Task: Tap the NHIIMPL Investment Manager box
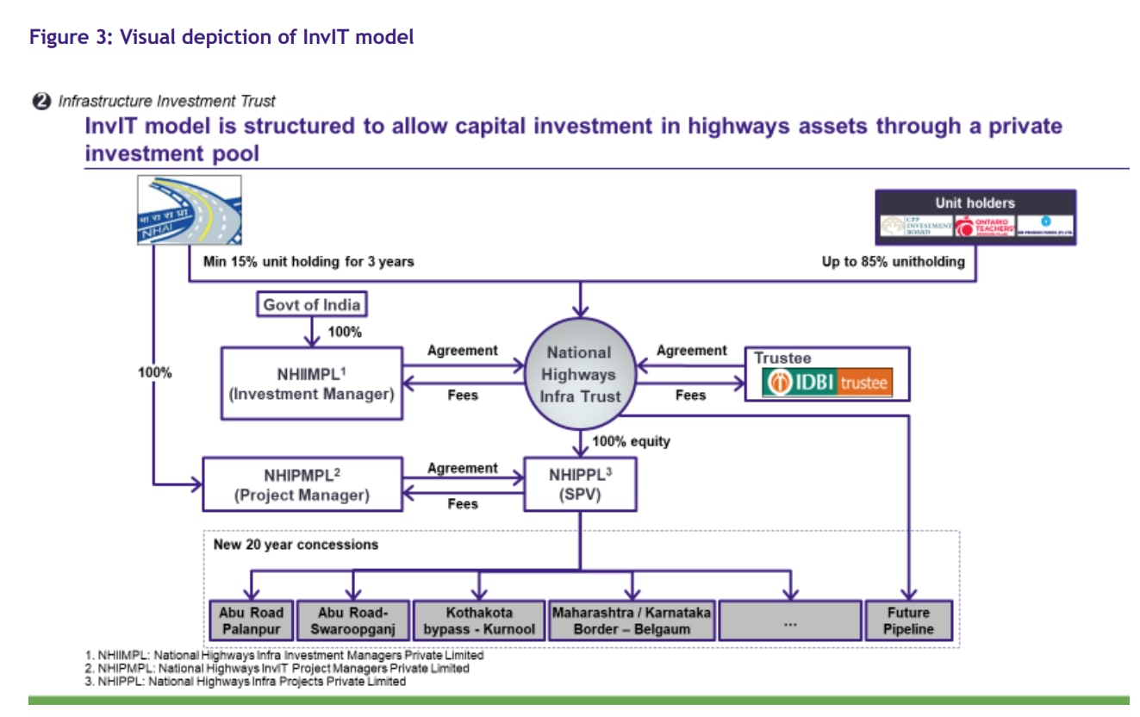pos(311,383)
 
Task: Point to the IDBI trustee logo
pos(826,383)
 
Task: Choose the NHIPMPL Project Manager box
pos(302,484)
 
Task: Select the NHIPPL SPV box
pos(580,484)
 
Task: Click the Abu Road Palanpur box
pos(251,620)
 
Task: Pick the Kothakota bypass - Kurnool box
pos(478,620)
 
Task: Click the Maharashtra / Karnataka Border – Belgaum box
pos(632,620)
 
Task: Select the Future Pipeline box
pos(908,620)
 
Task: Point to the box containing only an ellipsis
pos(789,620)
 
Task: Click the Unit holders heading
pos(975,203)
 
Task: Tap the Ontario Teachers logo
pos(983,227)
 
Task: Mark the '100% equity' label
pos(631,441)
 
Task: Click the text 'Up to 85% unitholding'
pos(893,261)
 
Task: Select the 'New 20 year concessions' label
pos(296,545)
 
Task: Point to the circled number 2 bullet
pos(40,101)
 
